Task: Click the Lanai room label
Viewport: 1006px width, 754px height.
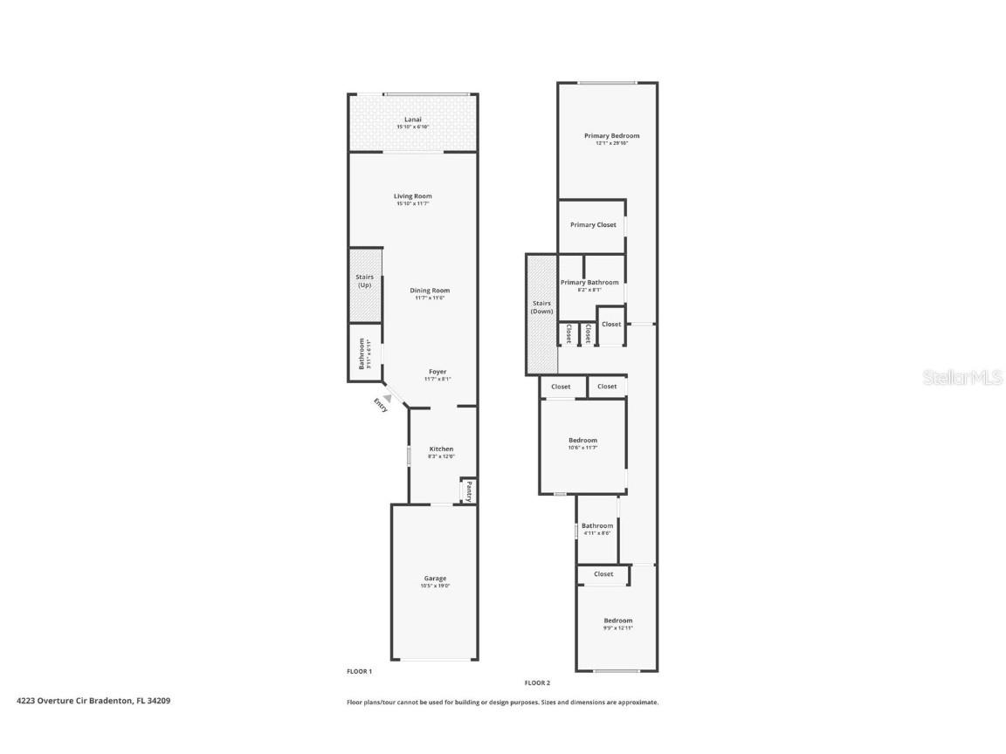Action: [x=413, y=120]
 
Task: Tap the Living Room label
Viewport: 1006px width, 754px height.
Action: [x=413, y=196]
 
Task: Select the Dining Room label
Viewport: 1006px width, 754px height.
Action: [x=430, y=291]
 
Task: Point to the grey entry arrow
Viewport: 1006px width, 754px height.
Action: [x=387, y=397]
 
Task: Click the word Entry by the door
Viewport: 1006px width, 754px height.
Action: [x=381, y=405]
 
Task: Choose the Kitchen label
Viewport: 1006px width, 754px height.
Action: [x=441, y=449]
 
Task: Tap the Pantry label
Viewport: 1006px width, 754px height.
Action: [x=469, y=490]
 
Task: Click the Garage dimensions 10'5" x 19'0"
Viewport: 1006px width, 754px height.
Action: [x=435, y=586]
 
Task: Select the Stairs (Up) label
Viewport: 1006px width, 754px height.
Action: [x=364, y=281]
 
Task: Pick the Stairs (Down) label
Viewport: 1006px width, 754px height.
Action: [x=542, y=307]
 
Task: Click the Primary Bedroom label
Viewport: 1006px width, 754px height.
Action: [x=611, y=135]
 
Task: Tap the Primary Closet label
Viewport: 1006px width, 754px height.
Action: [x=593, y=225]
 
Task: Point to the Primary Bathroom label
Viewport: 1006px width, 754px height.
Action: [x=589, y=282]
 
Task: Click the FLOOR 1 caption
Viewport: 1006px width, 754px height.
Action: [x=360, y=671]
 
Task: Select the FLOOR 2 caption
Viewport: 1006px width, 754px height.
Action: [x=537, y=682]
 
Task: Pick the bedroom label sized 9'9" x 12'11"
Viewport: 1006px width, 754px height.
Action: [x=617, y=620]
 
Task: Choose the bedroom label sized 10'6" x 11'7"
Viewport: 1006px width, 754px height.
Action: [x=582, y=441]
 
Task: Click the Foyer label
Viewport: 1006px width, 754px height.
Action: [x=437, y=372]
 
